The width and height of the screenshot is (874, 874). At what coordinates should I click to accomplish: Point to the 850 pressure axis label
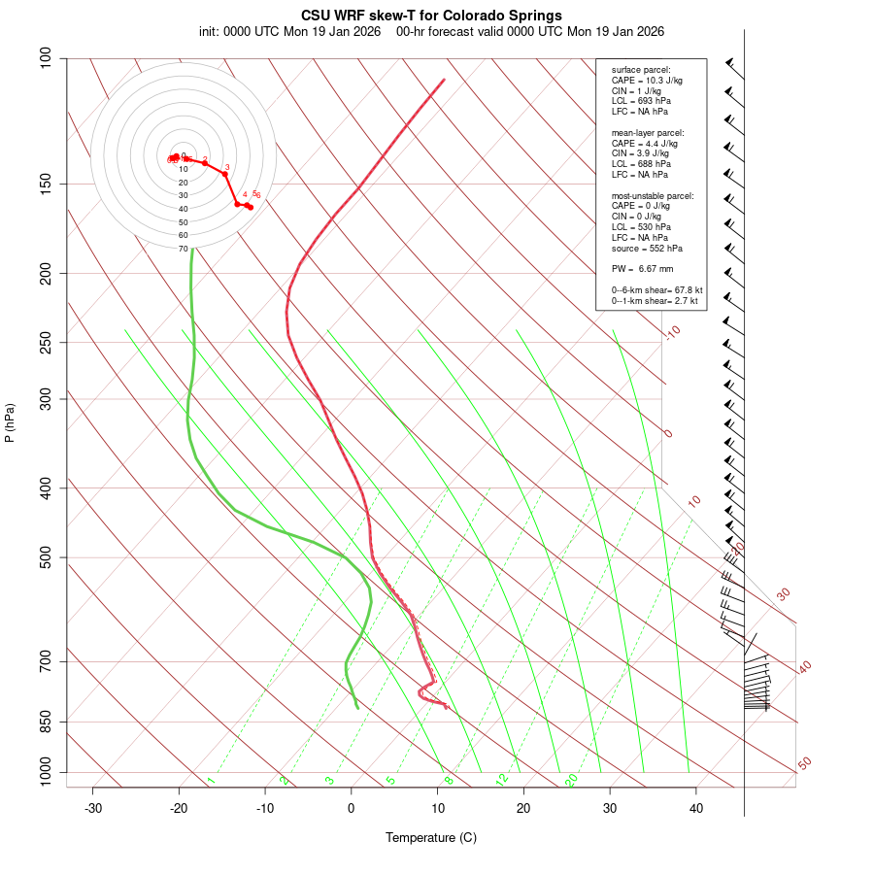click(x=46, y=722)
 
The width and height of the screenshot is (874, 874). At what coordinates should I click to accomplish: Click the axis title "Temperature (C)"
click(x=431, y=837)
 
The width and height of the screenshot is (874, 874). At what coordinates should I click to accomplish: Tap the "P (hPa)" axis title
click(x=10, y=423)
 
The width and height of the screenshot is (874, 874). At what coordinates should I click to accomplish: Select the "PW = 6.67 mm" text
click(x=642, y=269)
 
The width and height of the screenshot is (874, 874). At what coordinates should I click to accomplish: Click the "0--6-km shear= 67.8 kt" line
click(x=656, y=290)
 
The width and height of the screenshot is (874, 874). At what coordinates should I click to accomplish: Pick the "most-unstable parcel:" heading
click(x=653, y=196)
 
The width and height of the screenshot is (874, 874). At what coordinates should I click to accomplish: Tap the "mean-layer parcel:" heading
click(x=648, y=132)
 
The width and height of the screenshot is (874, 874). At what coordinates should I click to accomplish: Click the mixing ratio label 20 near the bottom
click(x=571, y=780)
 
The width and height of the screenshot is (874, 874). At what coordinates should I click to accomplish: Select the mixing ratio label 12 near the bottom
click(x=502, y=780)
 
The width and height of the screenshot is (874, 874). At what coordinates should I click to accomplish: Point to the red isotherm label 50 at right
click(x=804, y=764)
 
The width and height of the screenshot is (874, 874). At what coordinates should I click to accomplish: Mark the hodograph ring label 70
click(x=183, y=249)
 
